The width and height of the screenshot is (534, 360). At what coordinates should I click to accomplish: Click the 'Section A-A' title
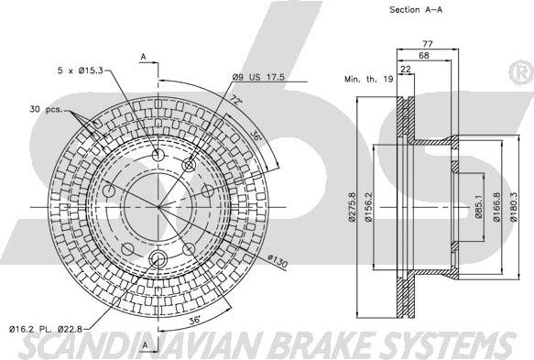[416, 10]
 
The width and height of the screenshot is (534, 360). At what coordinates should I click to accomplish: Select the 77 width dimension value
[428, 44]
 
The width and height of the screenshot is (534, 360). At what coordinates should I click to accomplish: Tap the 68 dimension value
[424, 55]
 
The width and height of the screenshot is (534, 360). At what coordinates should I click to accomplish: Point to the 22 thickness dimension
[406, 69]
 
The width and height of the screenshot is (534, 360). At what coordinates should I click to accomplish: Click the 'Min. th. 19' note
[369, 79]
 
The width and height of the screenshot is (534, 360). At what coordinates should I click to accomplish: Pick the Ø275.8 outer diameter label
[352, 207]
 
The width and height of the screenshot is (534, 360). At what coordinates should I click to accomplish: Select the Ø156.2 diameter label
[368, 207]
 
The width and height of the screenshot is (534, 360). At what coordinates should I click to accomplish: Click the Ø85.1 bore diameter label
[479, 207]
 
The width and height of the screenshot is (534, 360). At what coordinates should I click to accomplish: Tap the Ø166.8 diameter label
[496, 207]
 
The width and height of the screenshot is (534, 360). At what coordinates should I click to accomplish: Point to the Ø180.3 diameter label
[514, 207]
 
